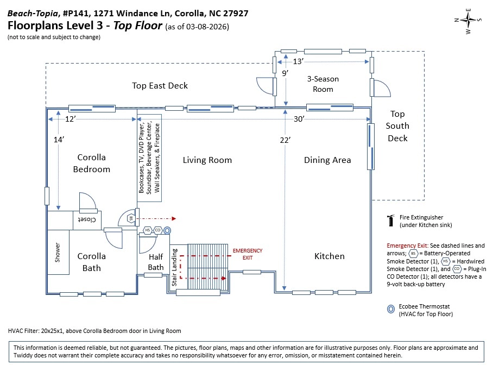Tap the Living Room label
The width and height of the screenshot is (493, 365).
tap(207, 160)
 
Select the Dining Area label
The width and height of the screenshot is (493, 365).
tap(327, 160)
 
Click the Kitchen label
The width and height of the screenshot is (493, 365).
tap(330, 256)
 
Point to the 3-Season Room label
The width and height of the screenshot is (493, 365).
tap(323, 84)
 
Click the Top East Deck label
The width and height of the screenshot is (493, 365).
tap(160, 86)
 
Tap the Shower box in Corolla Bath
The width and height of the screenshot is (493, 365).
tap(58, 252)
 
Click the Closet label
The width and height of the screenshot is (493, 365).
tap(87, 219)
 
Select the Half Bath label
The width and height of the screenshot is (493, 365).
tap(156, 262)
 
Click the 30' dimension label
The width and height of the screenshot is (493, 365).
tap(299, 119)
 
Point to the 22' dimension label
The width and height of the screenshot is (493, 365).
tap(285, 140)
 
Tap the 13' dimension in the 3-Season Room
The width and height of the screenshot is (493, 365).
tap(298, 61)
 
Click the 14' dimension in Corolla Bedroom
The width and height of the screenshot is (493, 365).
tap(59, 140)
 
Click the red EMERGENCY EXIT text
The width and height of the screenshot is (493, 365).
tap(248, 254)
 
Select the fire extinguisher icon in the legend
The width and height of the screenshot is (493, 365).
tap(391, 221)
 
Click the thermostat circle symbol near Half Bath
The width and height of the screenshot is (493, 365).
tap(167, 230)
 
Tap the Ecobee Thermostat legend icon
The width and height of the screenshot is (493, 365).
tap(391, 309)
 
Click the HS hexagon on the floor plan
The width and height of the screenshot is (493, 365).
tap(148, 230)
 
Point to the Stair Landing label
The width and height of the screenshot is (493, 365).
tap(174, 267)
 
